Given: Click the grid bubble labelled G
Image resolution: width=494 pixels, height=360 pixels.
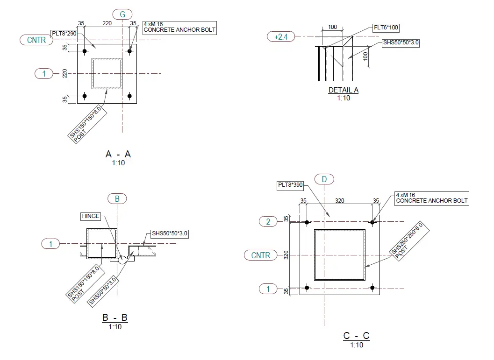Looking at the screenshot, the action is tap(122, 14).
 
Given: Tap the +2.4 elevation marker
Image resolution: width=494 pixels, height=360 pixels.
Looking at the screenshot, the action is tap(281, 36).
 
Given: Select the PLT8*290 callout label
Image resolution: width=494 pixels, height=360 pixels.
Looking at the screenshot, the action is tap(64, 33).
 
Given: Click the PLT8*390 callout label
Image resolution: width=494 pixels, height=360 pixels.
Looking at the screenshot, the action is tap(290, 185).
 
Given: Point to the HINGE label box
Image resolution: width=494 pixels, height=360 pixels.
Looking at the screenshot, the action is tap(91, 216).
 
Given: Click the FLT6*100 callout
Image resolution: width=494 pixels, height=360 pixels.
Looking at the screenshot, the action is tap(386, 28).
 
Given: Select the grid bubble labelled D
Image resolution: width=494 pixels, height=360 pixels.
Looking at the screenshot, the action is tap(324, 179).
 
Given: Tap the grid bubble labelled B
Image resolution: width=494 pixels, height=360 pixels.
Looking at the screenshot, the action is tap(117, 199).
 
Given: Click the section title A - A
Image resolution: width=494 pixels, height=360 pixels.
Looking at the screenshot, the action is tap(118, 154).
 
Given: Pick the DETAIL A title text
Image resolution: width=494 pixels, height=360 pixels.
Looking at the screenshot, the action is tap(344, 90).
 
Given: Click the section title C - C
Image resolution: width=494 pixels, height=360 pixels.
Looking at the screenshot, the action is tap(356, 336).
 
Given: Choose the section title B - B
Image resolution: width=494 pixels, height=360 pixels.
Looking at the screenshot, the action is tap(115, 318).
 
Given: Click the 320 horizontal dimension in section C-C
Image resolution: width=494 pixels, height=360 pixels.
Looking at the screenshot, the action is tap(340, 200).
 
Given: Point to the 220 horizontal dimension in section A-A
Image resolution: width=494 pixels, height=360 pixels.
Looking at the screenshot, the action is tap(107, 23).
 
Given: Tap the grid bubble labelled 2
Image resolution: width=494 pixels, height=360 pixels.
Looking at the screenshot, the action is tap(268, 221).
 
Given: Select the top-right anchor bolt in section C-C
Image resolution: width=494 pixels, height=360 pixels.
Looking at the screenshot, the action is tap(372, 222).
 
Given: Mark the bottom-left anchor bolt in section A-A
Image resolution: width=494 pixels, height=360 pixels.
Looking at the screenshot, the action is tap(85, 96).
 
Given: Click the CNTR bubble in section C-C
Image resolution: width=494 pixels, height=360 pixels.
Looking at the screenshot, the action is tap(260, 255).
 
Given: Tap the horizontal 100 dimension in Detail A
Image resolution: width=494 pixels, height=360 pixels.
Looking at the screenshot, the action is tap(332, 27).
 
